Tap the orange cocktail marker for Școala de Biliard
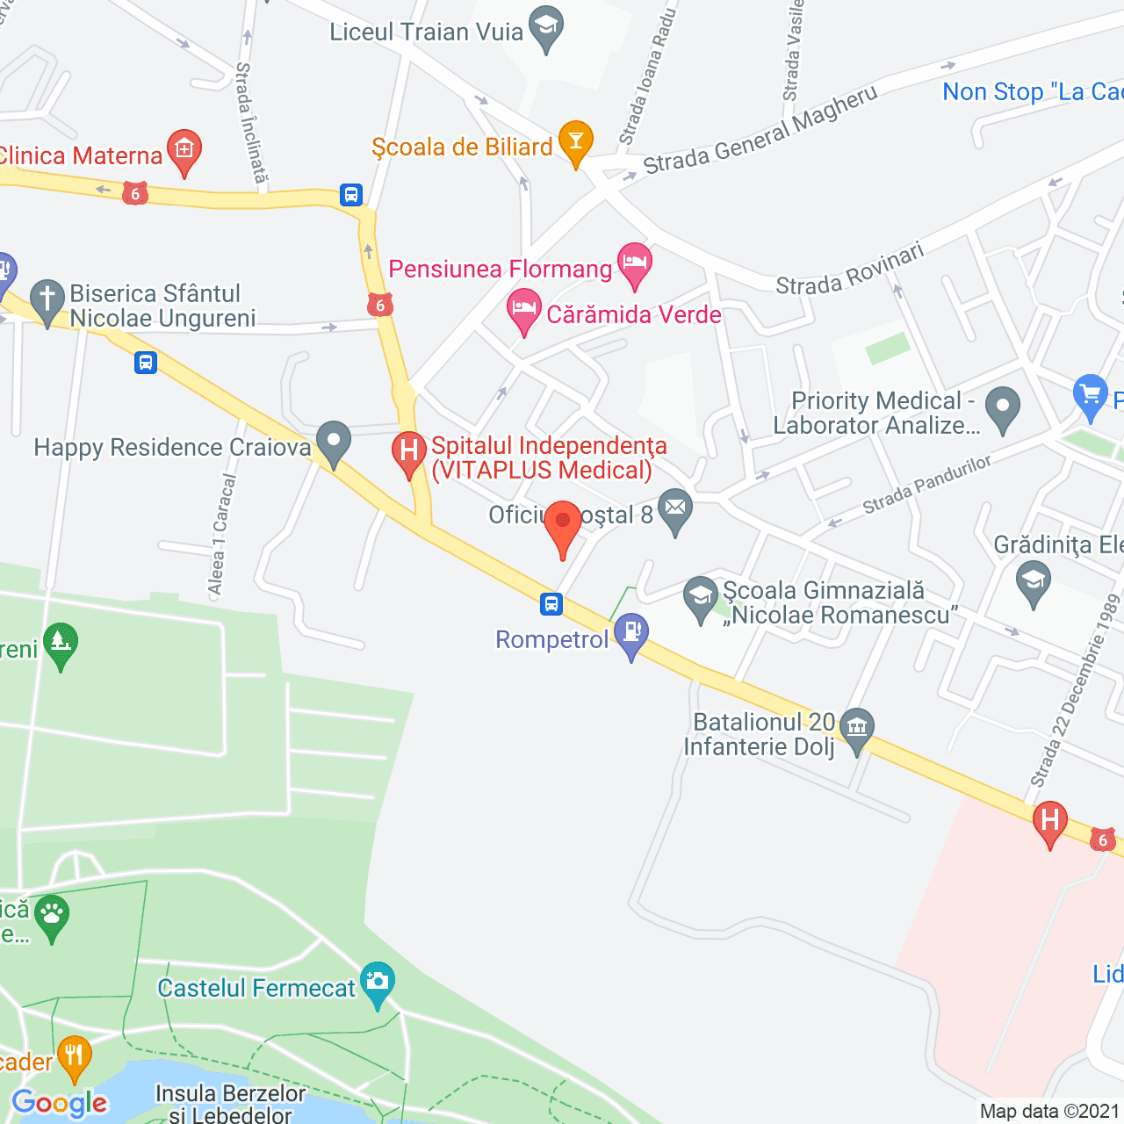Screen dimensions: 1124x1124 tap(576, 142)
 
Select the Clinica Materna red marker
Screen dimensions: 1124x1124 tap(184, 152)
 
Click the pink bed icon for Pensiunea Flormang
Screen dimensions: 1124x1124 tap(634, 263)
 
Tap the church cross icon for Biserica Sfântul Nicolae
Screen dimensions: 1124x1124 tap(47, 300)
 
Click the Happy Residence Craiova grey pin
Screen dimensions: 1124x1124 tap(334, 442)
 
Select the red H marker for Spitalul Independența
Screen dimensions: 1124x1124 tap(408, 453)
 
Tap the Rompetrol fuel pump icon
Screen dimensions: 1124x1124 tap(630, 633)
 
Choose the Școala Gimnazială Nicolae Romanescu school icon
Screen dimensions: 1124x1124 tap(701, 597)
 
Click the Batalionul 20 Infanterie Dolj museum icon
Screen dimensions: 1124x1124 tap(856, 729)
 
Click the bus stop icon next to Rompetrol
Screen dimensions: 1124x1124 tap(551, 604)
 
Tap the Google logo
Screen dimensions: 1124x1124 tap(60, 1103)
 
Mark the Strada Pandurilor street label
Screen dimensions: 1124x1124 tap(926, 485)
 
